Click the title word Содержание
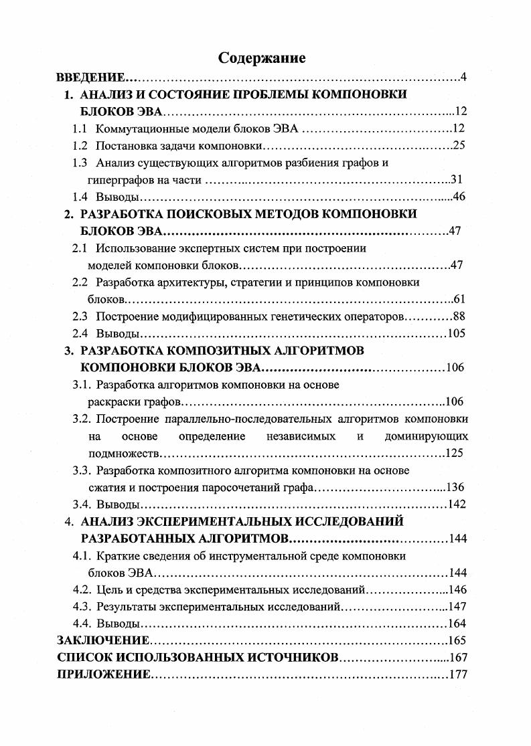pos(262,58)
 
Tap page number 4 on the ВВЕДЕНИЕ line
pos(463,78)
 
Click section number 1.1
pos(80,128)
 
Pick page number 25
pos(459,145)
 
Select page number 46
pos(459,197)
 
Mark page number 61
pos(459,299)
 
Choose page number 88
pos(459,316)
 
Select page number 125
pos(455,454)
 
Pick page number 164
pos(457,624)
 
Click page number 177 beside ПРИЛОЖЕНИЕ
pos(458,674)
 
